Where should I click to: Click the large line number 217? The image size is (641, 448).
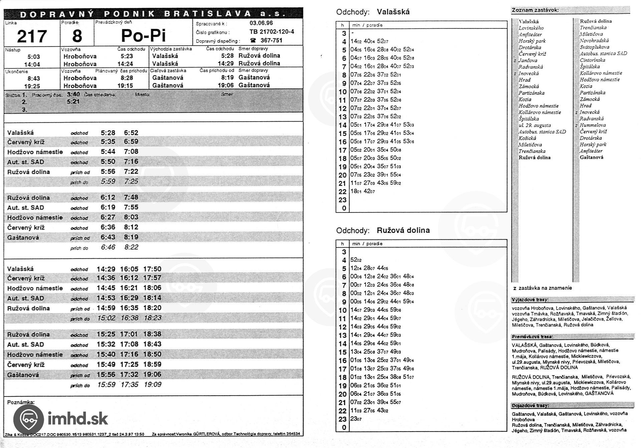32,36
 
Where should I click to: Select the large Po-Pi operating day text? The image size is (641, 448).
143,35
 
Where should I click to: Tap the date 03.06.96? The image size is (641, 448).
261,23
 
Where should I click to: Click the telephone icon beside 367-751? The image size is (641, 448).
253,40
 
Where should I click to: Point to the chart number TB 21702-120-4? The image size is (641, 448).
271,32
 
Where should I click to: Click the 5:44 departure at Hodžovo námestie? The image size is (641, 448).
108,152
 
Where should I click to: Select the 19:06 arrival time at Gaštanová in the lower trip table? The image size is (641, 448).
152,375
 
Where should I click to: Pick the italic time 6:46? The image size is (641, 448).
108,247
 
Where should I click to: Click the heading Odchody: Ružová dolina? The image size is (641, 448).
383,230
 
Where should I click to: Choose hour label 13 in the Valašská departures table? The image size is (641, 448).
343,117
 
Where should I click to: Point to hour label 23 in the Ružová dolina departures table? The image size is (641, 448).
343,419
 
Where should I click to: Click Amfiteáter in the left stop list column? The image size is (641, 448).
530,34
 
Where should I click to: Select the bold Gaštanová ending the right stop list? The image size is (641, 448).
591,157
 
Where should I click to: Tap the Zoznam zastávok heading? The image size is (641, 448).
535,10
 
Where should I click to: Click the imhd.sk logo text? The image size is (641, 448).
78,418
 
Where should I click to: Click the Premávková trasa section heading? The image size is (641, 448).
532,336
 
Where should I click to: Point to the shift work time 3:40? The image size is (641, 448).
73,94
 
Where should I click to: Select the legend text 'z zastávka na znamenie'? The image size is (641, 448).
543,288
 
